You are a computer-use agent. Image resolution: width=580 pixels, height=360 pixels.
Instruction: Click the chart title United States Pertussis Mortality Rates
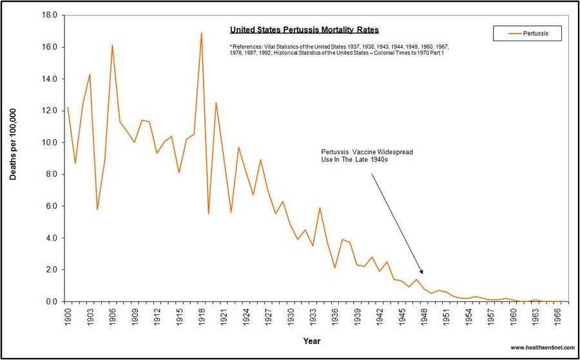[304, 30]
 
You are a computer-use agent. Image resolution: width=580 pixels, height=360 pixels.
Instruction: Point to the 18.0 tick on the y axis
[50, 15]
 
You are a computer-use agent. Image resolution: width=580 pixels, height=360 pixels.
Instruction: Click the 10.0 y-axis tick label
[50, 142]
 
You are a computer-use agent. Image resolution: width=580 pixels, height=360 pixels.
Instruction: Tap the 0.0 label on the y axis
[52, 301]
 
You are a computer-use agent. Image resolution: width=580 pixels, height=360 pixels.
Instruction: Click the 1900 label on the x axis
[68, 316]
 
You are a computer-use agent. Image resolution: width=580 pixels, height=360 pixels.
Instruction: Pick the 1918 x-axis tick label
[201, 316]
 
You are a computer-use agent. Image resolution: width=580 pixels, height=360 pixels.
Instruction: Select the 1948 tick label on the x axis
[423, 316]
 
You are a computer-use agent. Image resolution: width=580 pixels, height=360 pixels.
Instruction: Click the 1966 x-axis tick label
[557, 316]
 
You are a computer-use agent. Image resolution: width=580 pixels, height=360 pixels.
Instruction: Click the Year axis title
[312, 341]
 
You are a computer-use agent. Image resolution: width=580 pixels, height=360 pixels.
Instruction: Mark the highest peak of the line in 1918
[201, 32]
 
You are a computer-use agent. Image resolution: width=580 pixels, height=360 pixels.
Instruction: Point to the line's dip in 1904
[97, 209]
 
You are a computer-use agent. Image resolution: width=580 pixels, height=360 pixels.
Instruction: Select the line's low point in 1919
[209, 214]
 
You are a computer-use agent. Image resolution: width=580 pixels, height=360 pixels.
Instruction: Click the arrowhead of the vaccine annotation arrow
[422, 273]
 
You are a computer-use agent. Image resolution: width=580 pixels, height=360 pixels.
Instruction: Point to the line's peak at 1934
[320, 207]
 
